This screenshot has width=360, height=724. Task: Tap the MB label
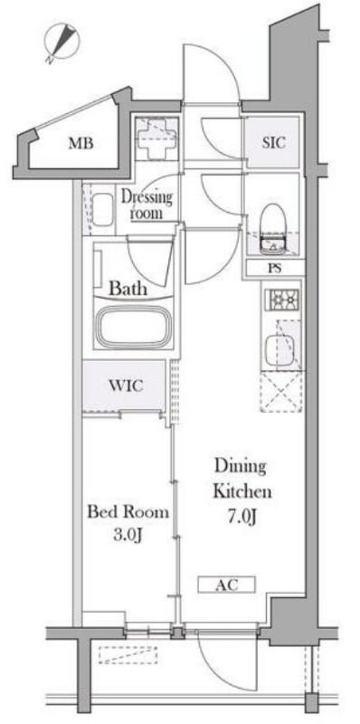81,144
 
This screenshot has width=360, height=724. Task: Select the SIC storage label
274,143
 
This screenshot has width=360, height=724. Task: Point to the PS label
274,268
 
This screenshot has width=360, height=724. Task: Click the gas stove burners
281,301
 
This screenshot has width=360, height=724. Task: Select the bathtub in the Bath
133,326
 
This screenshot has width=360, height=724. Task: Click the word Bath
128,289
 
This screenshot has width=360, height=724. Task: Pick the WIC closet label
125,386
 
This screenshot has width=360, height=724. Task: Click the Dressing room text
147,205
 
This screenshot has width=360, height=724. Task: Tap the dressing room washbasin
102,210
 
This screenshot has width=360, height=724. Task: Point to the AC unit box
227,585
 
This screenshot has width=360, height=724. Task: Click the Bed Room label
128,512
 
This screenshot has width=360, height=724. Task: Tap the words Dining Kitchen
242,479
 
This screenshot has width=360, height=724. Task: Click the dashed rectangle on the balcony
128,654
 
